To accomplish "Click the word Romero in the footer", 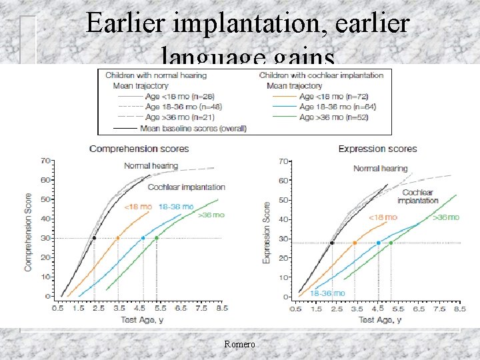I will point(239,344).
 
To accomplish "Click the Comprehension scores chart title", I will point(139,149).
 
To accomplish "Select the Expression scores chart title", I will point(377,149).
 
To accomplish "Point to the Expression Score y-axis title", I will point(267,231).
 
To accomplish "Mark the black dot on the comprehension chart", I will point(94,238).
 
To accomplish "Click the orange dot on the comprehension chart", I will point(118,238).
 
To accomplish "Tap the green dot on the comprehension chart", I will point(157,238).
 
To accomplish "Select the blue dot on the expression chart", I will point(379,243).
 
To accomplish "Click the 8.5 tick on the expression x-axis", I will point(459,309).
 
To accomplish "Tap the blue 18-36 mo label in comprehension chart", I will point(176,207).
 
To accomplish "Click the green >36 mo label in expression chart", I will point(446,217).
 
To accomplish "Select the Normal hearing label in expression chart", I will point(381,169).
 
